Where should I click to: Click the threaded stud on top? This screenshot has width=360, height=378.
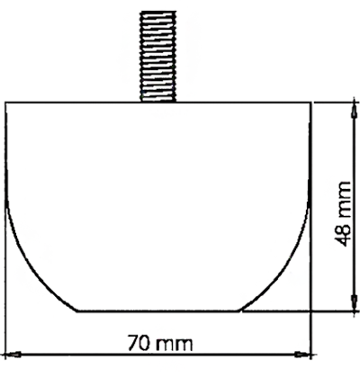pos(157,57)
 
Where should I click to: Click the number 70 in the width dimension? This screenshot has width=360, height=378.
pos(139,343)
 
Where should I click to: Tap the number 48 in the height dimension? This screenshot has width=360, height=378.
pos(342,234)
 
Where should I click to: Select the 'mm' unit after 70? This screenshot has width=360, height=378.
pos(175,345)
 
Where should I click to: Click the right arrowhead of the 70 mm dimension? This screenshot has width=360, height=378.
pos(302,355)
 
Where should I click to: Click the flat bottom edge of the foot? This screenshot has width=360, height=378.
pos(158,310)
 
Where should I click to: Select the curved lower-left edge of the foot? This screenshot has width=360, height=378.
pos(34,267)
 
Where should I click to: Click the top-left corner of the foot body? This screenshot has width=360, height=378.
pos(6,103)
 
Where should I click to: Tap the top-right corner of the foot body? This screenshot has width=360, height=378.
pos(310,103)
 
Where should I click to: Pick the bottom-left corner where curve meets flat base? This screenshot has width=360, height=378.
pos(77,310)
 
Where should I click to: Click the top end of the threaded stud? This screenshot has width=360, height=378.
pos(158,12)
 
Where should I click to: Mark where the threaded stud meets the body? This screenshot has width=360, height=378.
pos(158,102)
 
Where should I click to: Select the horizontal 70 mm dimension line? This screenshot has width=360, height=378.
pos(158,355)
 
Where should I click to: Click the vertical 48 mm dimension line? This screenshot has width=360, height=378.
pos(355,207)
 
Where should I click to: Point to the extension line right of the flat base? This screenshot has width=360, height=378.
pos(300,310)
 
